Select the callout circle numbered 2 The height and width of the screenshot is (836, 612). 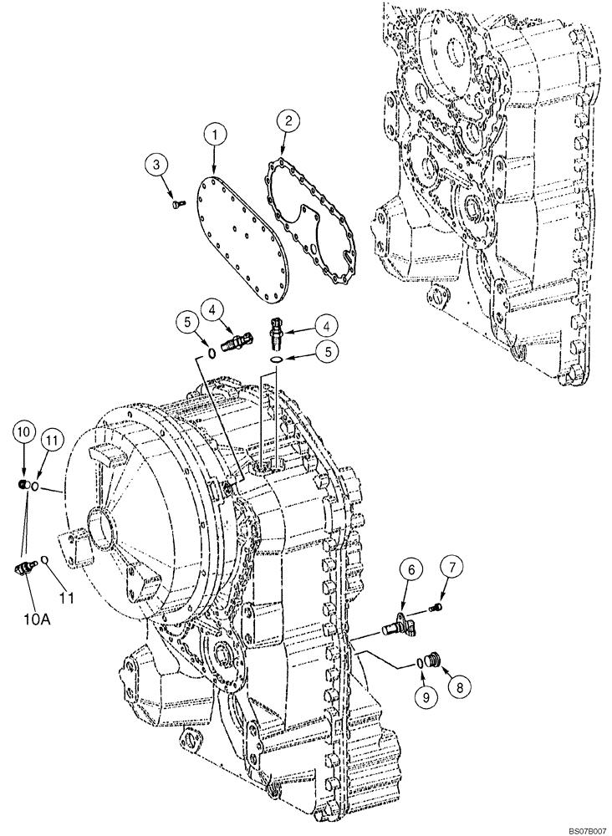point(288,121)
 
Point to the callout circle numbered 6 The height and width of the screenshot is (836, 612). point(412,571)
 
